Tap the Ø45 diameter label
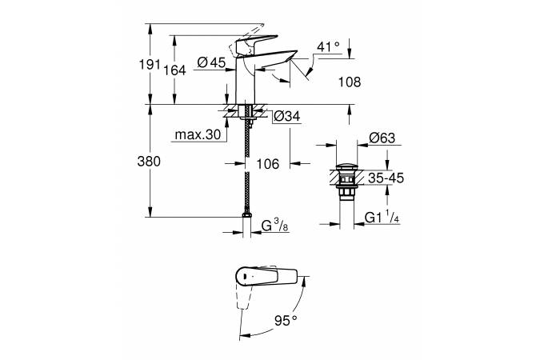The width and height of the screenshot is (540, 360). tap(211, 63)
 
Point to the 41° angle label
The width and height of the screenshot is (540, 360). tap(329, 47)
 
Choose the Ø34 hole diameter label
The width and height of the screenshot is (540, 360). tap(286, 117)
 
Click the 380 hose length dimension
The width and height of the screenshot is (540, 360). tap(150, 161)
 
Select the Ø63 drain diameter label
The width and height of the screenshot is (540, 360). tap(383, 138)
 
